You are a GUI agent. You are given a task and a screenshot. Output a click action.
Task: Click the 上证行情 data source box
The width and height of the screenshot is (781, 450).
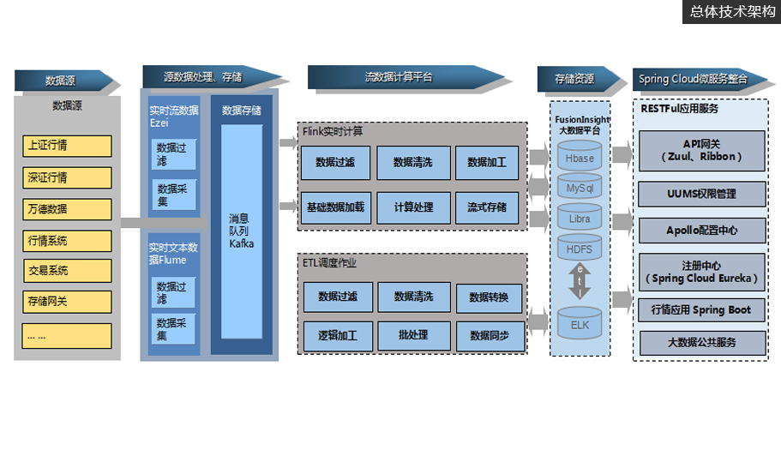(67, 146)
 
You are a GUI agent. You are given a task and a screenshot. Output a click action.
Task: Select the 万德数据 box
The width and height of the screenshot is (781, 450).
(67, 208)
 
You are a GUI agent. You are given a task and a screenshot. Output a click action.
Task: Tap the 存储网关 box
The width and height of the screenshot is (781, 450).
(67, 302)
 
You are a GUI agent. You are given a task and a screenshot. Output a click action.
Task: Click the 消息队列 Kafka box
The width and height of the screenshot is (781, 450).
(241, 231)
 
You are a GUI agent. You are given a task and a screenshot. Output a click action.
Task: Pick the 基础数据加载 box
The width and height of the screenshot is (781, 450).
(334, 207)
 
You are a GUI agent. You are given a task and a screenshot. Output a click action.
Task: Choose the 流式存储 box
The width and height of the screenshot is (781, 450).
(487, 207)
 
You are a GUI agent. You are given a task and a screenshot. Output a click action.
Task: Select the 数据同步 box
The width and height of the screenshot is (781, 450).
(489, 335)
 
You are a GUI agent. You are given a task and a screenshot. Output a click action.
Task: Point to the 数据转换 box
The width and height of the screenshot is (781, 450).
(489, 297)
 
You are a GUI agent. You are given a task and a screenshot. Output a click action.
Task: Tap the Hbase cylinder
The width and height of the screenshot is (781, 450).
(580, 158)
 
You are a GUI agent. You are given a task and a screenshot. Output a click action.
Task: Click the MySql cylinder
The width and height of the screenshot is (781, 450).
(580, 187)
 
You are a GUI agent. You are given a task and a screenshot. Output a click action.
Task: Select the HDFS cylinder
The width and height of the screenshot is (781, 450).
(580, 249)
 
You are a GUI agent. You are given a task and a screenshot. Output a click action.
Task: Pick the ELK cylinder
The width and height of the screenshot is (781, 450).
(580, 324)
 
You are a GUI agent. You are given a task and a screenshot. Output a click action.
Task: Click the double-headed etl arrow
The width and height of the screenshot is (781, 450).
(580, 281)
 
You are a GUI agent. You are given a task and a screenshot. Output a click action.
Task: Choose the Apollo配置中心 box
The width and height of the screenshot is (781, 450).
(701, 231)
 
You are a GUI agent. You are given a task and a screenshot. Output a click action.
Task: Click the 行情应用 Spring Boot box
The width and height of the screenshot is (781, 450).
(701, 309)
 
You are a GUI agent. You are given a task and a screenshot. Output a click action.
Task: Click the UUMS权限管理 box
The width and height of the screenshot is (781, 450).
(701, 194)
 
